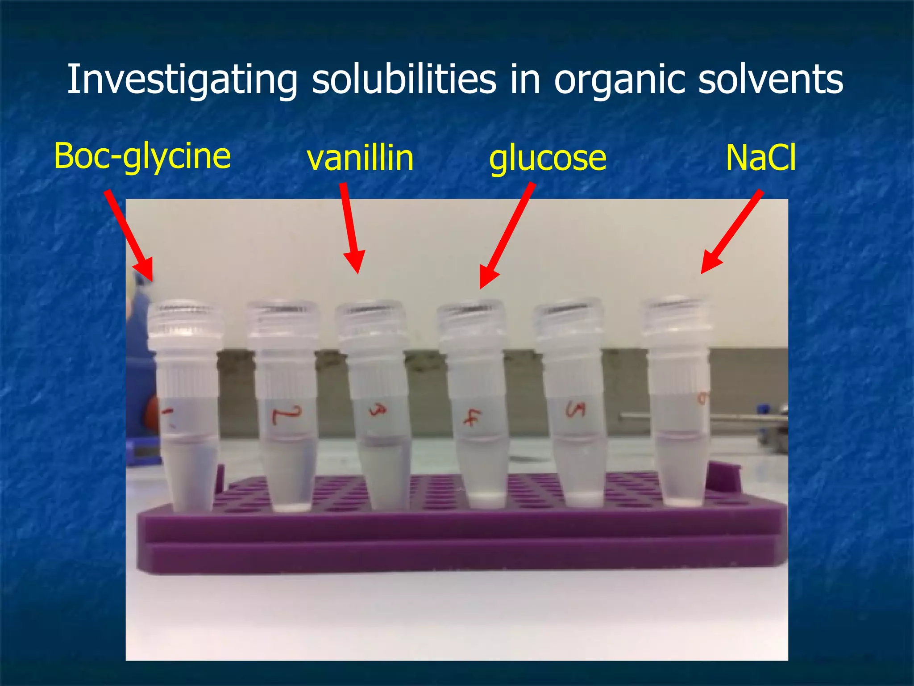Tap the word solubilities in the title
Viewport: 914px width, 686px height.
point(403,79)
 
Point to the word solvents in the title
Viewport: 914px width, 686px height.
point(770,79)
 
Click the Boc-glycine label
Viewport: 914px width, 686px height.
point(142,156)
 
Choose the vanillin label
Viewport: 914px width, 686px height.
point(360,158)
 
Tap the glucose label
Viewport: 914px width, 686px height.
point(548,158)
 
